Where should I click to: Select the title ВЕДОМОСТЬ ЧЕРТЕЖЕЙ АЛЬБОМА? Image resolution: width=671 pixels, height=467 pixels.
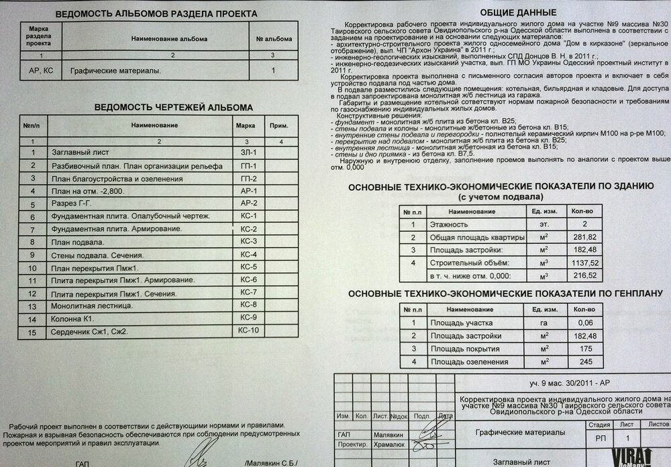[154, 108]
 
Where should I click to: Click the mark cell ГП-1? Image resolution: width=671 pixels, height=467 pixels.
[248, 166]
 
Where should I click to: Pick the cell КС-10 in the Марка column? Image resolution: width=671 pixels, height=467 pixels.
[248, 331]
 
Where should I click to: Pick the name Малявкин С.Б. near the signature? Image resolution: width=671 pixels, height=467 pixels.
[272, 464]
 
